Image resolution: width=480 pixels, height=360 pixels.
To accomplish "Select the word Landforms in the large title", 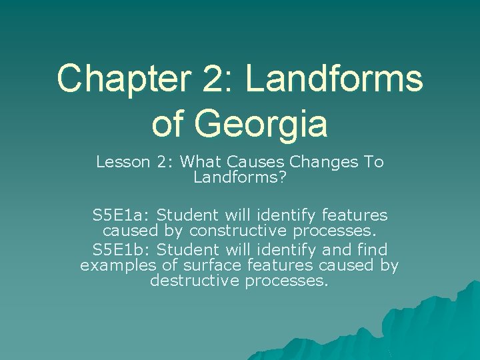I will click(334, 78).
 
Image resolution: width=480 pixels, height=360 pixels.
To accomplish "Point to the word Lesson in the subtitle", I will click(121, 162).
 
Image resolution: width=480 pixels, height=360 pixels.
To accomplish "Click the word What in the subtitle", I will click(201, 162).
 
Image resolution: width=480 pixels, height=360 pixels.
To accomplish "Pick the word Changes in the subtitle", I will click(323, 162).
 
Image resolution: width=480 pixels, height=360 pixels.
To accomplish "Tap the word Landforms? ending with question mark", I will click(239, 177).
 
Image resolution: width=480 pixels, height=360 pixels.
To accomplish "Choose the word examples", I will click(115, 265).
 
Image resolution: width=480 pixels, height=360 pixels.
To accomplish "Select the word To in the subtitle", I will click(373, 162).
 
